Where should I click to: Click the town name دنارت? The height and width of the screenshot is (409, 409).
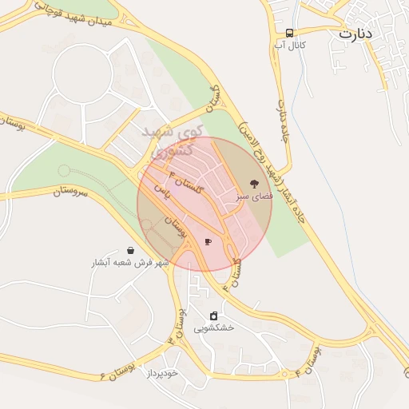tap(355, 34)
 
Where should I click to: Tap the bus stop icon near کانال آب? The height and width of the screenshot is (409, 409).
tap(288, 33)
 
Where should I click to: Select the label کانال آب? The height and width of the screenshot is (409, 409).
tap(290, 46)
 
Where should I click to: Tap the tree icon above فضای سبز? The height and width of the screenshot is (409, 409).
tap(254, 183)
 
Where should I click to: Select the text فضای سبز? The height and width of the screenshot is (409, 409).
tap(254, 195)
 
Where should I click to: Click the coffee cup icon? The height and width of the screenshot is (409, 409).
tap(208, 241)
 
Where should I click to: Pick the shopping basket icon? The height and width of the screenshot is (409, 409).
tap(130, 250)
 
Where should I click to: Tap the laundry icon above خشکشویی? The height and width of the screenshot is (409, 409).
tap(213, 316)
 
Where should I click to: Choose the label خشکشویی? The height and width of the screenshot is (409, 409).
tap(214, 328)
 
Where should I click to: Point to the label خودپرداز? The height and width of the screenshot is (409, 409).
tap(167, 373)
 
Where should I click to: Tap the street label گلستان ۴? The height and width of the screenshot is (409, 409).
tap(183, 185)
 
